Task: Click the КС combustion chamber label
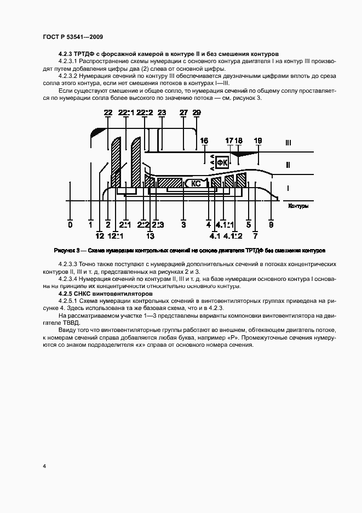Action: point(196,184)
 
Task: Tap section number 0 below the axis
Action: point(70,224)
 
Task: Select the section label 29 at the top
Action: point(197,112)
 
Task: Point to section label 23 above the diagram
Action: point(162,112)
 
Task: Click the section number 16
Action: point(204,141)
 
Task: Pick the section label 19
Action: point(258,141)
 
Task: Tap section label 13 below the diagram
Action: point(150,236)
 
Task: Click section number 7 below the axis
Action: point(255,236)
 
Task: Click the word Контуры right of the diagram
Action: point(297,206)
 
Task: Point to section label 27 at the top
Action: point(183,112)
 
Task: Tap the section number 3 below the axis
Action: point(183,224)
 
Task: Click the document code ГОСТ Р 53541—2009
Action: point(73,37)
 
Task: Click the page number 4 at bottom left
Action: point(44,466)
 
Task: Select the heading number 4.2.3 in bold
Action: point(67,54)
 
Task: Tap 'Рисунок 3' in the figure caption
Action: point(67,250)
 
